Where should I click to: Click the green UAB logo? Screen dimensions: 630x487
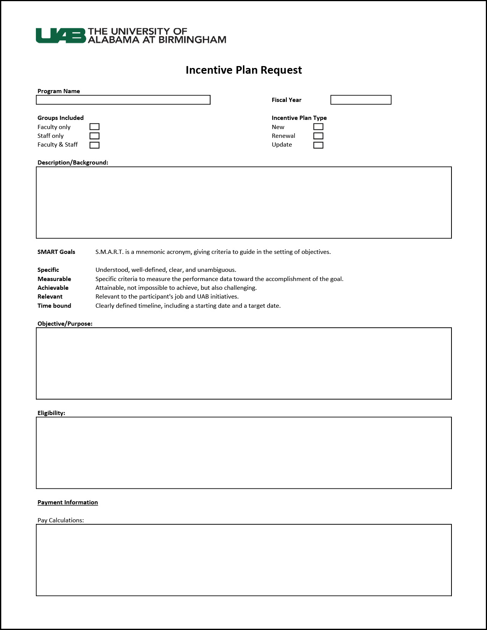[61, 36]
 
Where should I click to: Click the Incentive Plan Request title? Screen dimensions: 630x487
[244, 70]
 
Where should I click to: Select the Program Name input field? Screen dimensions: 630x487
[123, 100]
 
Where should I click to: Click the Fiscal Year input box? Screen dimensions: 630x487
[361, 100]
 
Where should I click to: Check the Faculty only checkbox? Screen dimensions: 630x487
[94, 127]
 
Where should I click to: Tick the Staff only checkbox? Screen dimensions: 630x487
[94, 136]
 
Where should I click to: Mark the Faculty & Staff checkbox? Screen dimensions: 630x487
[94, 145]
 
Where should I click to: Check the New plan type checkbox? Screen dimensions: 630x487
[318, 127]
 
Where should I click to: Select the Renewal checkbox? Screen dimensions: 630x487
[318, 136]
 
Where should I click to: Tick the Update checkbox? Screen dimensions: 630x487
[318, 145]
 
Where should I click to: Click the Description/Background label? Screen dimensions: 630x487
[73, 163]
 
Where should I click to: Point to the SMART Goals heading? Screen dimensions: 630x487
[56, 252]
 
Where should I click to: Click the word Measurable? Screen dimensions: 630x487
[54, 279]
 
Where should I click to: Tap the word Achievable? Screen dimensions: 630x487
[53, 288]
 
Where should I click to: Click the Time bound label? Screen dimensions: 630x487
[54, 306]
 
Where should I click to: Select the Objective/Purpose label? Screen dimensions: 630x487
[65, 324]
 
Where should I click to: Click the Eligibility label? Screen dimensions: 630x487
[51, 413]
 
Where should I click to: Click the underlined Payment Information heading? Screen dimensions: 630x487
[68, 502]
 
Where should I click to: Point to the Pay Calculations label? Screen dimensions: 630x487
[60, 520]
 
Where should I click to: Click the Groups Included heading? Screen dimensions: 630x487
[60, 118]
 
